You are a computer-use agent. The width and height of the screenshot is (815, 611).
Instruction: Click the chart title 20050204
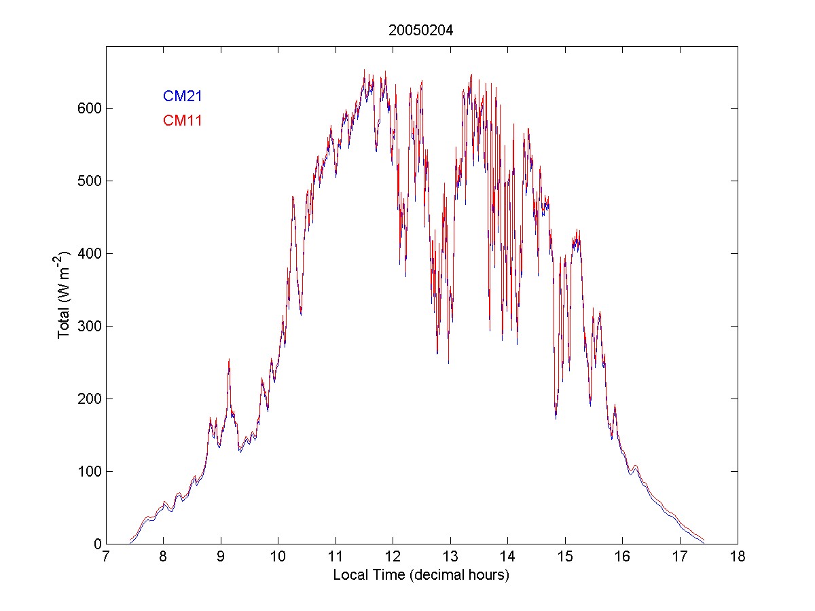point(421,30)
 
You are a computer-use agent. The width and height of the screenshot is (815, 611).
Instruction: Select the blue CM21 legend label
point(182,96)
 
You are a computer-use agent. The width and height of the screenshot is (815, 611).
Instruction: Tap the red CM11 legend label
point(182,121)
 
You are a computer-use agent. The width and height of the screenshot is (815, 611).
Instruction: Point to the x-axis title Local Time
point(421,575)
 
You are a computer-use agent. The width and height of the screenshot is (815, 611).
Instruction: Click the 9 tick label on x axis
point(221,557)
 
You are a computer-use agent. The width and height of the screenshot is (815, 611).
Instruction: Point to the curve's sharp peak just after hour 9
point(229,360)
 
